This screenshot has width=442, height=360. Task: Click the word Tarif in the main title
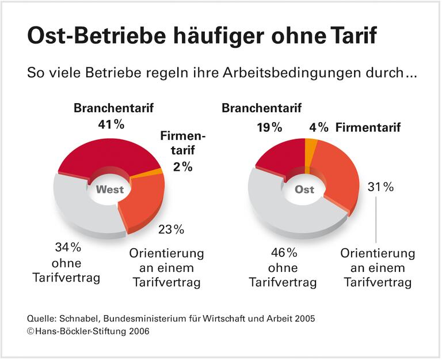coord(350,36)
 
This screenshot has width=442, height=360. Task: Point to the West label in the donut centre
coord(109,190)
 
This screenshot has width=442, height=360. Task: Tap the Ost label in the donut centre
coord(304,189)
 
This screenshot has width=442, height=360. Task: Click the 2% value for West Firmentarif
coord(182,167)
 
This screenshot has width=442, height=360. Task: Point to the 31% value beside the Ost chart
coord(380,187)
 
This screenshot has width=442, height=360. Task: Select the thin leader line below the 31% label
coord(376,222)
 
